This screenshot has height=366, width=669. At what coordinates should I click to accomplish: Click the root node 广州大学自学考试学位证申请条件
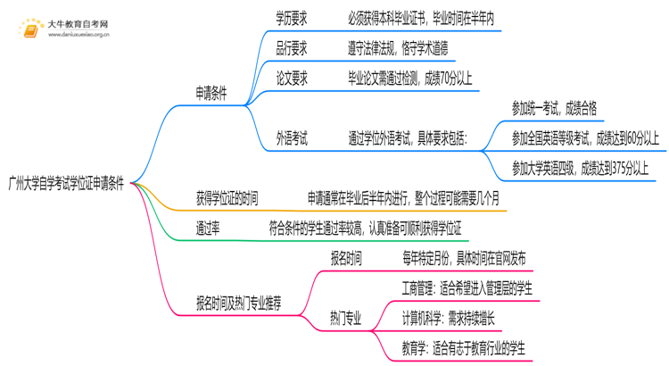(69, 184)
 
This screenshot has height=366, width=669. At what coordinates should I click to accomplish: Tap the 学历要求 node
(293, 18)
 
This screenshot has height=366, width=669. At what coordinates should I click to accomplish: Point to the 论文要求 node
(293, 79)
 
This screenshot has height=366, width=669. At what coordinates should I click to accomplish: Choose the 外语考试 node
(293, 138)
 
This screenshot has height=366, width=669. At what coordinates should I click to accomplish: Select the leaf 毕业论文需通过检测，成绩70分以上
(424, 79)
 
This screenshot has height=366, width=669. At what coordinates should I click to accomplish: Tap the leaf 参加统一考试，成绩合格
(554, 109)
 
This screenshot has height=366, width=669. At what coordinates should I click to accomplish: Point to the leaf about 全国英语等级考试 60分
(585, 138)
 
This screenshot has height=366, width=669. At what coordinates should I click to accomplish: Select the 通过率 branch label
(209, 229)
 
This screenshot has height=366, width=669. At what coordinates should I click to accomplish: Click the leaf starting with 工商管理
(467, 288)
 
